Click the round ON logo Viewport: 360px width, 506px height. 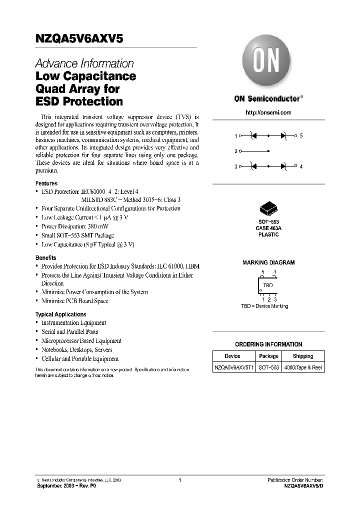pyautogui.click(x=268, y=62)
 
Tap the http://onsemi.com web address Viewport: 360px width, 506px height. pyautogui.click(x=268, y=112)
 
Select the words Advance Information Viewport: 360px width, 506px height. pyautogui.click(x=84, y=63)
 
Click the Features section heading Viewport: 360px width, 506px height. pyautogui.click(x=46, y=183)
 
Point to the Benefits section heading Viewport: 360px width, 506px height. pyautogui.click(x=45, y=257)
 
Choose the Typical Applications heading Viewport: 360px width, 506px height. pyautogui.click(x=60, y=314)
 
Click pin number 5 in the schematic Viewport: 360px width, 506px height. pyautogui.click(x=301, y=135)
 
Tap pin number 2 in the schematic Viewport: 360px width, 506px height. pyautogui.click(x=236, y=151)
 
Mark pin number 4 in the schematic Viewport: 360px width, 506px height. pyautogui.click(x=301, y=166)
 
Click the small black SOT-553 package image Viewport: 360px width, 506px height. pyautogui.click(x=268, y=209)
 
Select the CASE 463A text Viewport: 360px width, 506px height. pyautogui.click(x=268, y=228)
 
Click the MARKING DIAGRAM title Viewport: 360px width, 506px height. pyautogui.click(x=268, y=262)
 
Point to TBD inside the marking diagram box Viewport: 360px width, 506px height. pyautogui.click(x=268, y=285)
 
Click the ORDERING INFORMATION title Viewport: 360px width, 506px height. pyautogui.click(x=268, y=344)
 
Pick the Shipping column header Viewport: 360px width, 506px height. pyautogui.click(x=303, y=356)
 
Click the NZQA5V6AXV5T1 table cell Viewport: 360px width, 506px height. pyautogui.click(x=234, y=367)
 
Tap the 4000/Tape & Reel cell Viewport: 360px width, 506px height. pyautogui.click(x=303, y=367)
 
